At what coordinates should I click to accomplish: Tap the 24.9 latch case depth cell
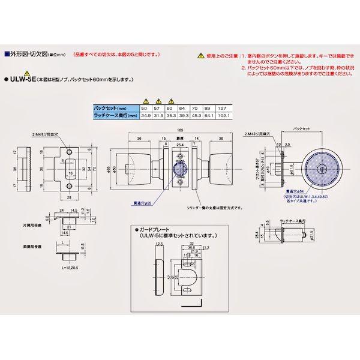pyautogui.click(x=145, y=114)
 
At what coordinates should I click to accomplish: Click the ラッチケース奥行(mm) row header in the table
pyautogui.click(x=116, y=114)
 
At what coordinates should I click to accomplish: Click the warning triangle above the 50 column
pyautogui.click(x=145, y=100)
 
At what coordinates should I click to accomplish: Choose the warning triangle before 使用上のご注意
pyautogui.click(x=199, y=55)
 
